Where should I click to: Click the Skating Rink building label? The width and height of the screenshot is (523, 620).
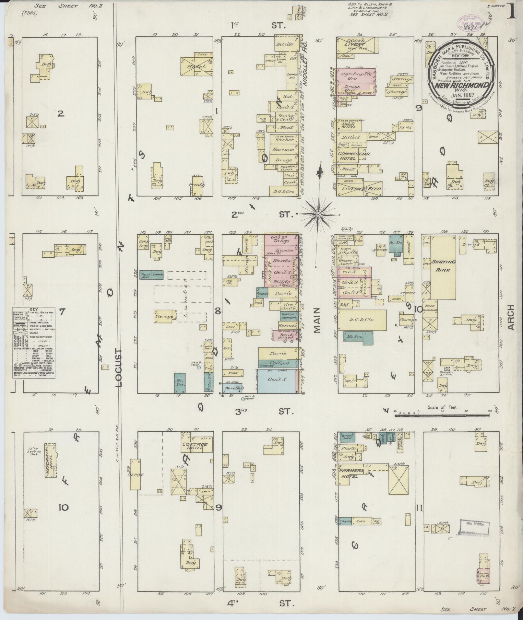(443, 265)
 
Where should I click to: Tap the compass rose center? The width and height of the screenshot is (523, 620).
(318, 214)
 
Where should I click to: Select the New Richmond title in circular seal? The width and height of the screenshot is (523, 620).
(462, 86)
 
